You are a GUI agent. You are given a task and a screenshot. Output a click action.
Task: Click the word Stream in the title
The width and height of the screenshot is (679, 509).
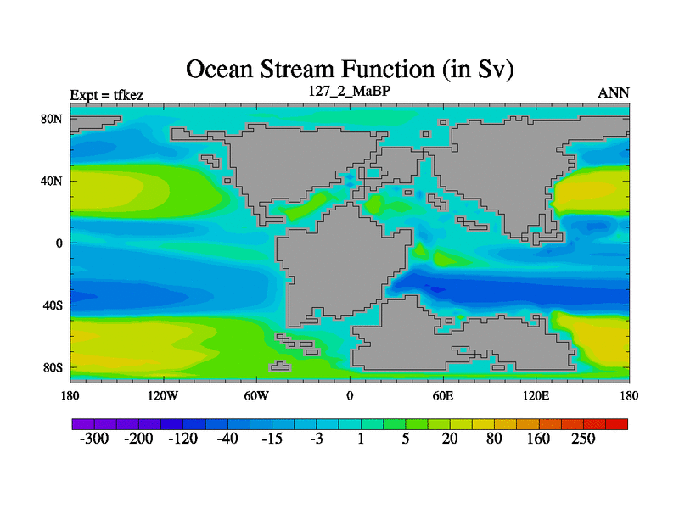[297, 70]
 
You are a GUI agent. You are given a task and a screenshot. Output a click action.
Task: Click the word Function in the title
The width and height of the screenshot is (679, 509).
[388, 70]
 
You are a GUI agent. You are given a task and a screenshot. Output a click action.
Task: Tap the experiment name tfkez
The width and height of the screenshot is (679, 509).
[128, 95]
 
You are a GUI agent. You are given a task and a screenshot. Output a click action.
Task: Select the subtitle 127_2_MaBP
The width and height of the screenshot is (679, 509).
[350, 91]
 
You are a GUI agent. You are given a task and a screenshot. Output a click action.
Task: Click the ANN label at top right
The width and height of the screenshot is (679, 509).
[613, 93]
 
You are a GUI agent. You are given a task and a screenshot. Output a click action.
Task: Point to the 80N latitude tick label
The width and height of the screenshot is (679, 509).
[52, 119]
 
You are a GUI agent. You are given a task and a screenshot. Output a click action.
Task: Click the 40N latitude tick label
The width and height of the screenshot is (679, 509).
[52, 181]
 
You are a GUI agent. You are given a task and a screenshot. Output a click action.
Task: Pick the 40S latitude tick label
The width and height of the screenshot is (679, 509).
[53, 305]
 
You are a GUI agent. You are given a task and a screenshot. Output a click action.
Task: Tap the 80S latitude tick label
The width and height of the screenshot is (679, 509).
[53, 368]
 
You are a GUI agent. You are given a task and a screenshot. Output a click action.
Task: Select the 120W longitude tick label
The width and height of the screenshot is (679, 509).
[163, 395]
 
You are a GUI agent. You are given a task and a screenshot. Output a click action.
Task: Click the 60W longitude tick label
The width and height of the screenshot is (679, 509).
[256, 395]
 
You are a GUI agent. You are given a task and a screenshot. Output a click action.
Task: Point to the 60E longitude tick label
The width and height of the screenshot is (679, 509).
[443, 395]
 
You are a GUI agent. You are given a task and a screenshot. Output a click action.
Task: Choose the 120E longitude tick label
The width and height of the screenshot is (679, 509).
[536, 395]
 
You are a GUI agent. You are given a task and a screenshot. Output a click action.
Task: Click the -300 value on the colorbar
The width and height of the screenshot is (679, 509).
[94, 439]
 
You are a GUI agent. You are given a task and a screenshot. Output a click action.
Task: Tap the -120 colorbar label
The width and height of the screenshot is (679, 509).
[182, 439]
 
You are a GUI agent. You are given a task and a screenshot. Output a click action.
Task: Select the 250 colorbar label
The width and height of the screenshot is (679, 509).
[583, 439]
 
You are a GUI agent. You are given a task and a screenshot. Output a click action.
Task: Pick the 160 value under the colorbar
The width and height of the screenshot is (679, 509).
[538, 439]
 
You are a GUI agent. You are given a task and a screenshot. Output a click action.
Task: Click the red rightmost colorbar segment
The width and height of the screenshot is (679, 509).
[617, 424]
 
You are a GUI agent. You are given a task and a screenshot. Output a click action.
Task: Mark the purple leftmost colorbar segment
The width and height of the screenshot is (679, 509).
[83, 424]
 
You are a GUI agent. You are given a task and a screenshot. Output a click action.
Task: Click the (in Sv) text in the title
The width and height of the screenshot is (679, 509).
[478, 70]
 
